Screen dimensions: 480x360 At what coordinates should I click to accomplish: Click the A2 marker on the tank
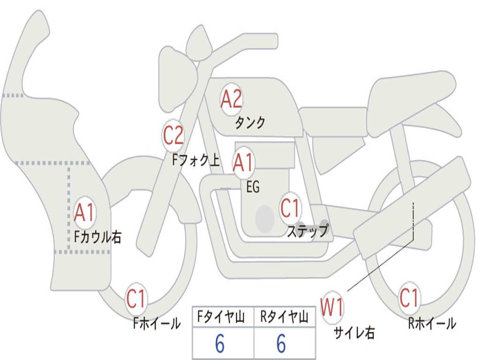click(x=231, y=99)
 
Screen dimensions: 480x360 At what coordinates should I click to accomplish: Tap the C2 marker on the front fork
click(x=173, y=135)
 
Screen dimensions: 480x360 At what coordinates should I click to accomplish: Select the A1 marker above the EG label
click(x=243, y=162)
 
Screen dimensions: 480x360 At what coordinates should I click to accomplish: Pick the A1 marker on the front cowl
click(x=84, y=212)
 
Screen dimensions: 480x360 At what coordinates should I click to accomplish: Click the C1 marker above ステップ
click(x=290, y=208)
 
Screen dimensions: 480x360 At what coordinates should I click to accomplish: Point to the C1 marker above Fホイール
click(x=136, y=299)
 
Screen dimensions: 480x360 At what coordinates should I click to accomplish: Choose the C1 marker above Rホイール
click(x=409, y=298)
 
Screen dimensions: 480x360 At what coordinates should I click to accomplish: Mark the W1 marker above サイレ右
click(x=332, y=307)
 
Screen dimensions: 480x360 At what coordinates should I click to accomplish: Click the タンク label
click(x=250, y=122)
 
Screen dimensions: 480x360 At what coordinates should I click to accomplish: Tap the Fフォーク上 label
click(x=196, y=160)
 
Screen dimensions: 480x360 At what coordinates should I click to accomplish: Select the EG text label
click(x=253, y=187)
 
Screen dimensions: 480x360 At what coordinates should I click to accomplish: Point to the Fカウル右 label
click(x=98, y=237)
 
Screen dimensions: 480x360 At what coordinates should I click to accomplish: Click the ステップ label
click(x=308, y=231)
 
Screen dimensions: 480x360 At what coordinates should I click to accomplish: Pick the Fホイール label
click(x=157, y=323)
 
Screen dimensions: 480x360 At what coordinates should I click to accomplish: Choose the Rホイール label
click(x=432, y=323)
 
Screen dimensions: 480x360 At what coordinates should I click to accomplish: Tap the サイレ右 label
click(x=354, y=333)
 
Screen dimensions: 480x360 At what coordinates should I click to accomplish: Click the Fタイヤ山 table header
click(x=221, y=317)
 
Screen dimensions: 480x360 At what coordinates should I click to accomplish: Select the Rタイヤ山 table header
click(x=284, y=317)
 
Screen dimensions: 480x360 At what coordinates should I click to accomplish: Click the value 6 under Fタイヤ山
click(x=220, y=344)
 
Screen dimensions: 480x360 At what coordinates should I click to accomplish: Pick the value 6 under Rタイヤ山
click(x=281, y=344)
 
